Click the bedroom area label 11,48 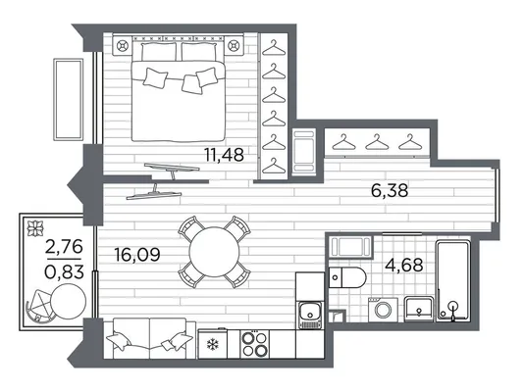[224, 155]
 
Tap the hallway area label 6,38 [390, 190]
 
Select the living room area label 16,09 [137, 255]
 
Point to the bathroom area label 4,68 [404, 266]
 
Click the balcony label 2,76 [64, 247]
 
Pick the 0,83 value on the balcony [64, 271]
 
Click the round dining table [214, 252]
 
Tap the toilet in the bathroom [347, 277]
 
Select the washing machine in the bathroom [383, 310]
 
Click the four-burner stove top [255, 344]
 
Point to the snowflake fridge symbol [212, 344]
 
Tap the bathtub [453, 281]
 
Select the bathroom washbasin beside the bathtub [419, 310]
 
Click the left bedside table [123, 45]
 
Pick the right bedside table [234, 45]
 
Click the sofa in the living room [149, 338]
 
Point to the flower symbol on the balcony [35, 228]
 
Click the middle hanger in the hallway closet [377, 142]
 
